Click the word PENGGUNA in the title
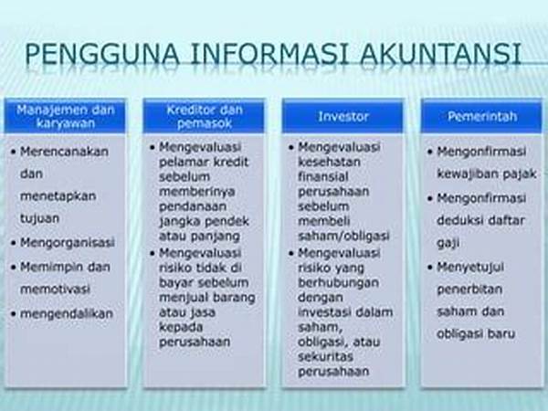pyautogui.click(x=101, y=54)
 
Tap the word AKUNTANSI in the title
pyautogui.click(x=441, y=54)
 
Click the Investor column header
pyautogui.click(x=343, y=116)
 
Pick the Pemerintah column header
pyautogui.click(x=482, y=116)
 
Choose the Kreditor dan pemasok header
pyautogui.click(x=205, y=116)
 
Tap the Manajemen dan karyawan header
pyautogui.click(x=66, y=116)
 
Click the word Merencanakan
pyautogui.click(x=64, y=152)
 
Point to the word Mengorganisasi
pyautogui.click(x=68, y=243)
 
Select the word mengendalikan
pyautogui.click(x=67, y=314)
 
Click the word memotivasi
pyautogui.click(x=55, y=289)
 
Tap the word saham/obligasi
pyautogui.click(x=344, y=237)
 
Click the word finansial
pyautogui.click(x=323, y=176)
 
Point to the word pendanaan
pyautogui.click(x=193, y=206)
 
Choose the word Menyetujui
pyautogui.click(x=470, y=268)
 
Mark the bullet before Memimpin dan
pyautogui.click(x=14, y=268)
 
